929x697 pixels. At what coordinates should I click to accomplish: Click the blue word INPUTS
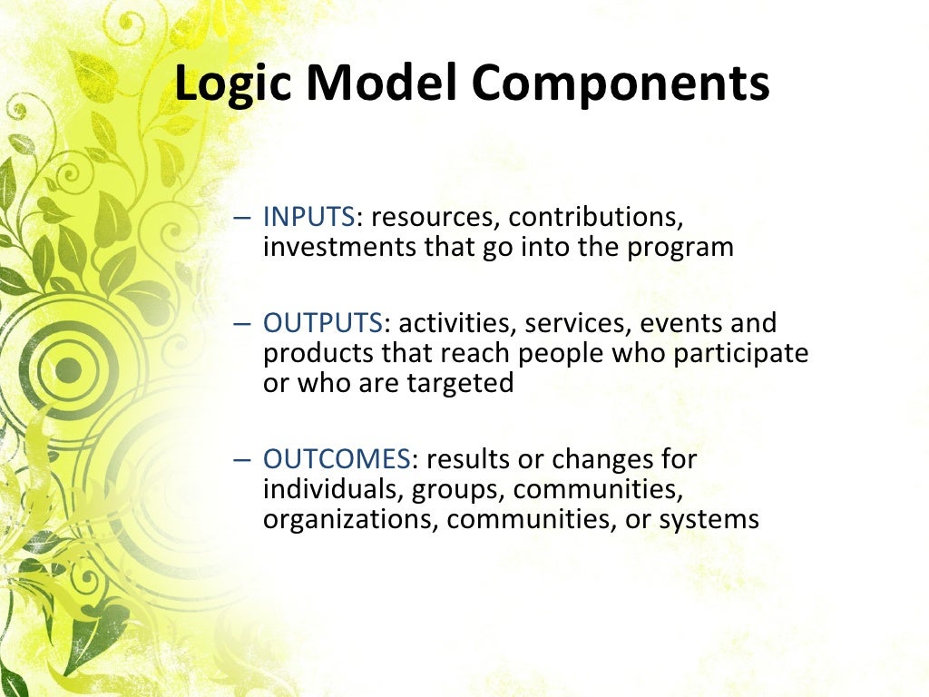pos(308,218)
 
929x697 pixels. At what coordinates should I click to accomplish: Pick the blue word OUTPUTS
pos(323,323)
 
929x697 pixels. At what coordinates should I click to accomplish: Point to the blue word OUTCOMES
pos(337,459)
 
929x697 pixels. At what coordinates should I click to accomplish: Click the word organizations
pos(350,519)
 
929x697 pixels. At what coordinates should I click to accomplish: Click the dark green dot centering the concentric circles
pos(68,369)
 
